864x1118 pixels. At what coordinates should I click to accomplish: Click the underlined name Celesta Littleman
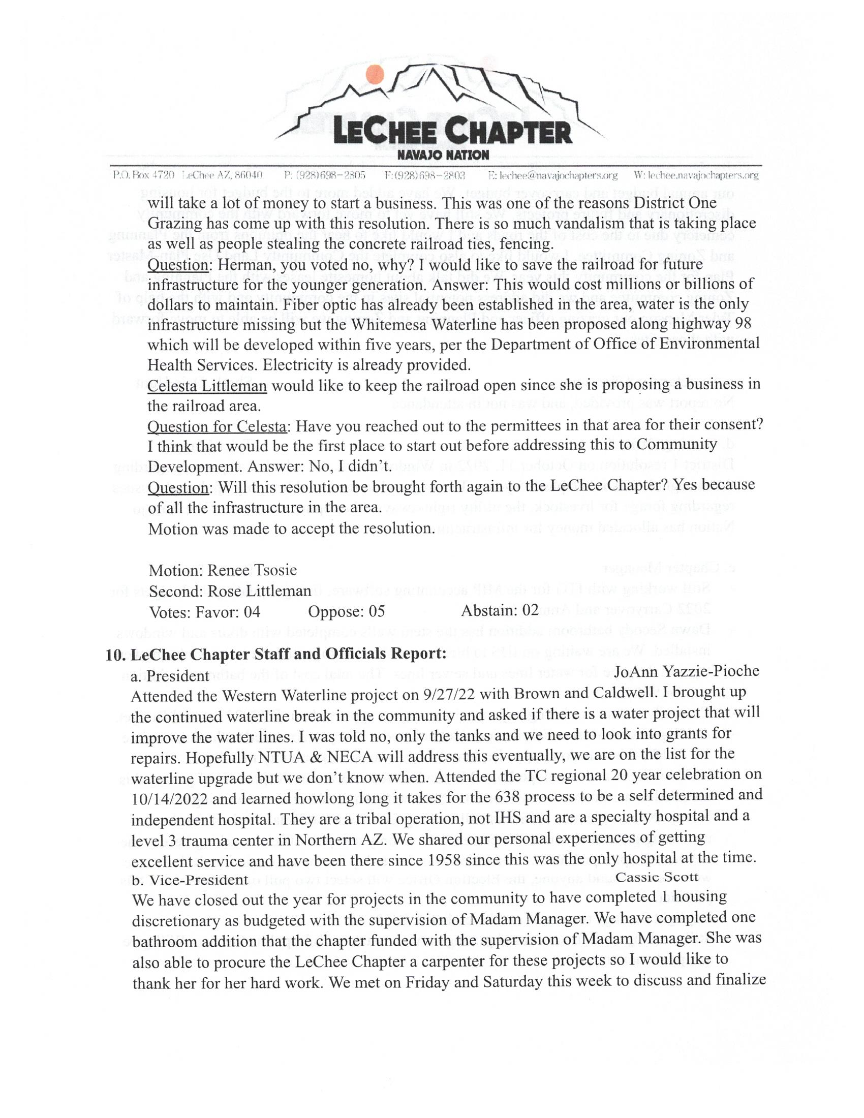point(207,386)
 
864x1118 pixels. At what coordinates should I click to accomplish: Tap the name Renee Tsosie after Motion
point(252,570)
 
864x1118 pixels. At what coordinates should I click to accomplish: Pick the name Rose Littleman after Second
point(259,591)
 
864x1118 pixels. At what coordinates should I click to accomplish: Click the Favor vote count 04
point(252,612)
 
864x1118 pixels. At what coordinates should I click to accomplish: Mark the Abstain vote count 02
point(530,611)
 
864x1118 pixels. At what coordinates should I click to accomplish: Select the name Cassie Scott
point(657,877)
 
